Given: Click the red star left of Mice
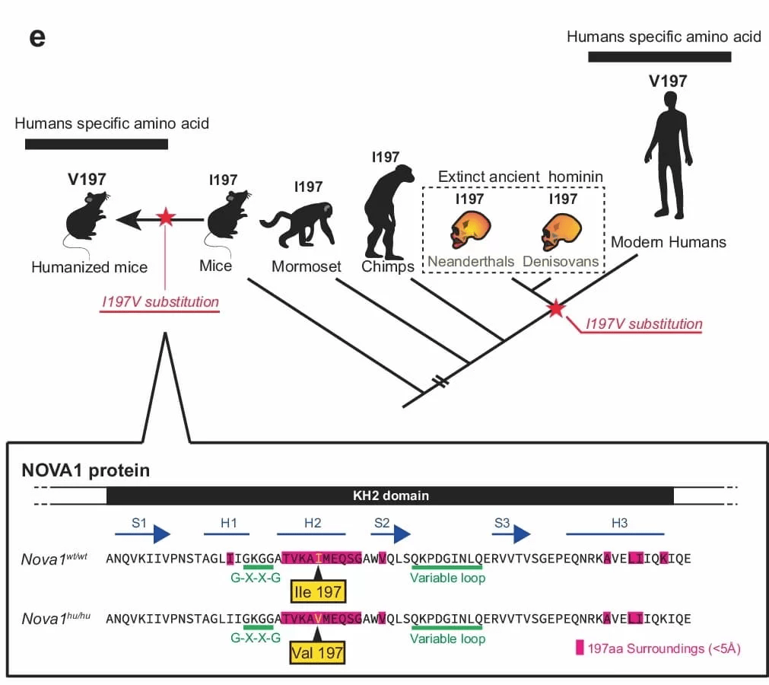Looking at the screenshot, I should (165, 219).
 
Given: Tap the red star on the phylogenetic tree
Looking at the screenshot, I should (557, 308).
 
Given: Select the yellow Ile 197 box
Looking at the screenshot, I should (318, 591).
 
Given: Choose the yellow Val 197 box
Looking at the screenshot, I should (318, 652).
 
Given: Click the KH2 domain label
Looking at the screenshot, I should (390, 495).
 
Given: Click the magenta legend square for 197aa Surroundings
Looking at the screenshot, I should (580, 648).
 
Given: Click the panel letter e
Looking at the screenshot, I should (37, 37).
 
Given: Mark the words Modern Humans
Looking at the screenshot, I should (668, 243).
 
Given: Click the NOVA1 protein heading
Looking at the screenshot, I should (85, 470).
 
